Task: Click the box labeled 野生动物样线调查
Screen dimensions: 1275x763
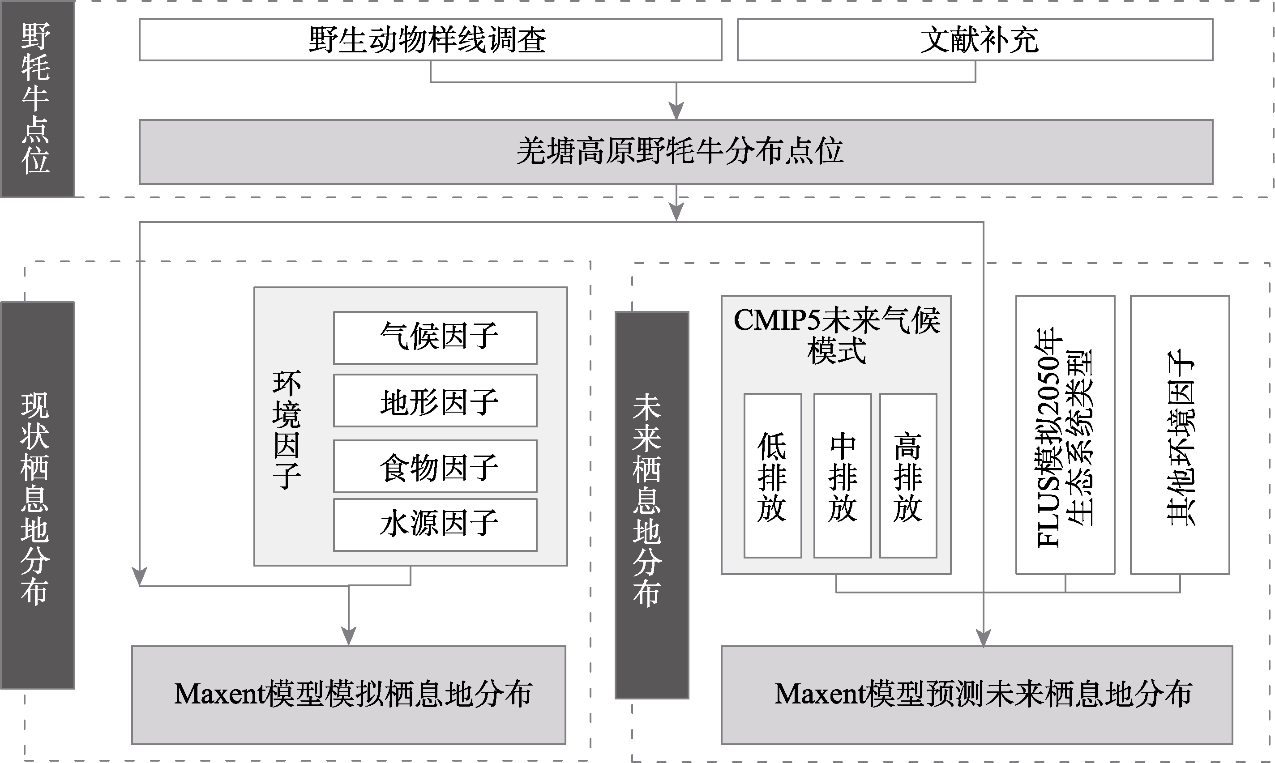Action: click(x=431, y=39)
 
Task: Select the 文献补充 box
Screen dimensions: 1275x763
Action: click(x=975, y=39)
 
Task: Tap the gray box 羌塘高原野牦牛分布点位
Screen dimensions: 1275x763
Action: click(x=676, y=152)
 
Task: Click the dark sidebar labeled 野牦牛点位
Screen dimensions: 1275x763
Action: click(x=38, y=99)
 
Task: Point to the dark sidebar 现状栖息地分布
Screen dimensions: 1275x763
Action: click(x=38, y=495)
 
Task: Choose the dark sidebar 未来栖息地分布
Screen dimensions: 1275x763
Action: click(x=652, y=505)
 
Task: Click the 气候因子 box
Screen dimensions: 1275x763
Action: click(x=435, y=337)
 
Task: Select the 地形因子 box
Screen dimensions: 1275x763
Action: click(x=435, y=401)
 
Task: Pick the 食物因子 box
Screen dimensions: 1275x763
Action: click(x=435, y=466)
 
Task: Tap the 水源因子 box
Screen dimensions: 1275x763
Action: click(x=435, y=524)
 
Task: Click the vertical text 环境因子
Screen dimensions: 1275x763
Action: click(x=287, y=430)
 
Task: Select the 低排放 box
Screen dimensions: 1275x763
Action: click(x=773, y=476)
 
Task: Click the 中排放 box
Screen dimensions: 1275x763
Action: click(x=843, y=476)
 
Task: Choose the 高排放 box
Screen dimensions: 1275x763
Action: click(x=908, y=476)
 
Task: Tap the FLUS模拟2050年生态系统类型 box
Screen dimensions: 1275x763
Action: click(x=1065, y=435)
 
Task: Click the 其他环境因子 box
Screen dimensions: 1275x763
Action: click(x=1180, y=435)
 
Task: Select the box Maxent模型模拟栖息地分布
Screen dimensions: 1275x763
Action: click(x=349, y=695)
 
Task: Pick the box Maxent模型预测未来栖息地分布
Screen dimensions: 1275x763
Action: click(x=977, y=695)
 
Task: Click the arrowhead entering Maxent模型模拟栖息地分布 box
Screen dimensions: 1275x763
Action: click(x=349, y=636)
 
